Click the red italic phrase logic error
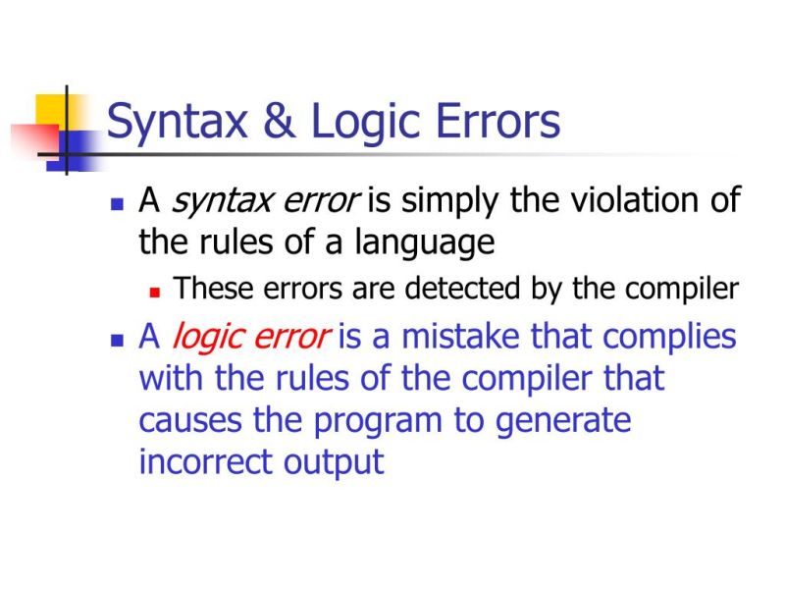tap(250, 337)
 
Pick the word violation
tap(634, 201)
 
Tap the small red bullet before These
tap(154, 291)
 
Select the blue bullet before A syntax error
tap(117, 205)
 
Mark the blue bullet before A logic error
tap(117, 340)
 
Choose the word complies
tap(669, 337)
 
